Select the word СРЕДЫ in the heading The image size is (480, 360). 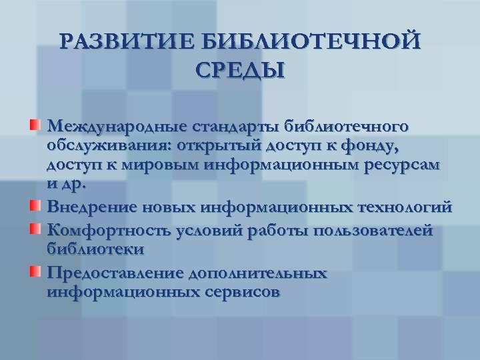[240, 69]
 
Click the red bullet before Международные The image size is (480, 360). [35, 125]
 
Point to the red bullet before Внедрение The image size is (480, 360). [35, 203]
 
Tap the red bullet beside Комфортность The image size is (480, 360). [35, 230]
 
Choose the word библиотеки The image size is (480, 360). [96, 249]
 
